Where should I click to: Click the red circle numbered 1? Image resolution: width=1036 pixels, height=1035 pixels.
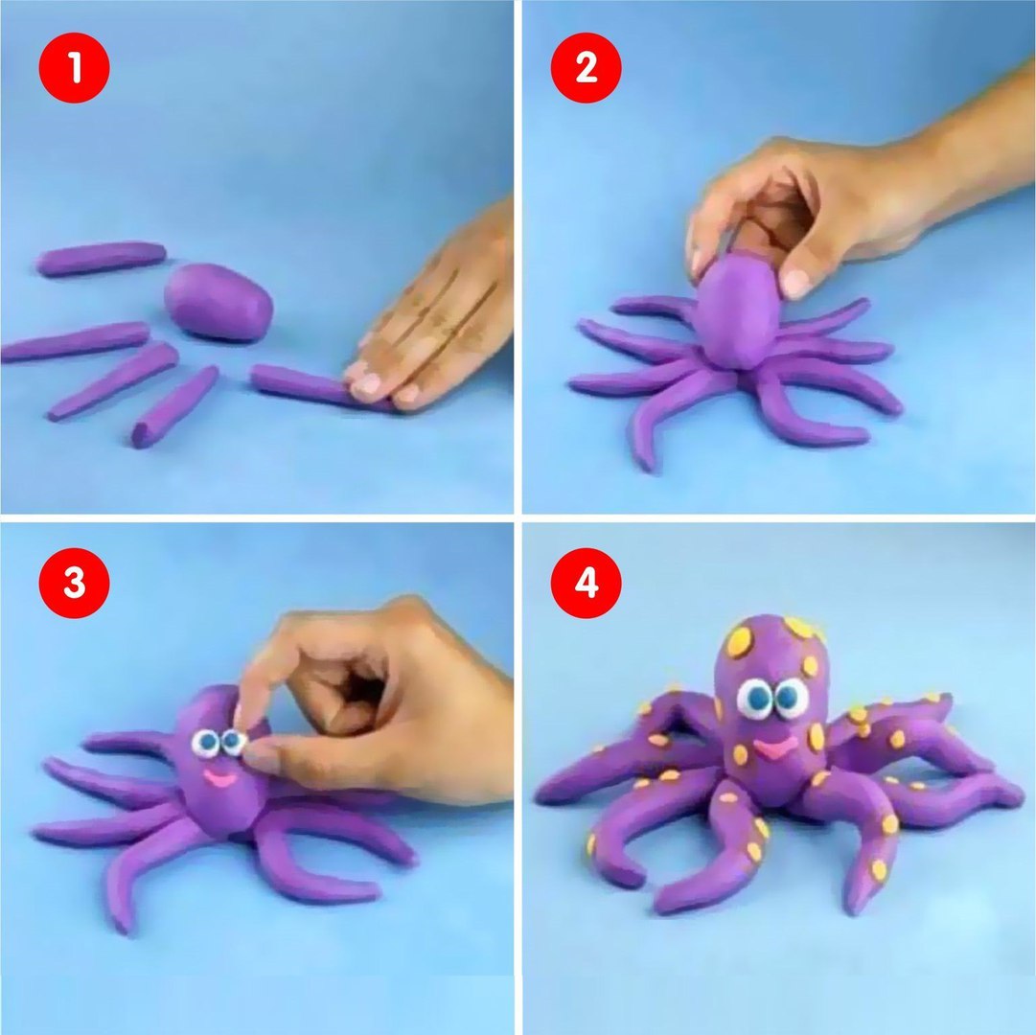pos(74,67)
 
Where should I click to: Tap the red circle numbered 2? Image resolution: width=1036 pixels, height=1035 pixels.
pos(587,67)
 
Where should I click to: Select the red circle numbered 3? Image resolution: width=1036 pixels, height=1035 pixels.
pos(74,583)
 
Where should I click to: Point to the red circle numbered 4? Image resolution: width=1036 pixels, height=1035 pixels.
pos(587,583)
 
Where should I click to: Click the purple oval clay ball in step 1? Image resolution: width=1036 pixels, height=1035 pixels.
pos(219,302)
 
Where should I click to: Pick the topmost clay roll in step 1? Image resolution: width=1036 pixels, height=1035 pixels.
pos(101,258)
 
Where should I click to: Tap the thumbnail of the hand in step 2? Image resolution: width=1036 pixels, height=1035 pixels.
pos(794,283)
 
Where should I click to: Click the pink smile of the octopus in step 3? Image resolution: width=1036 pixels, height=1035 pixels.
pos(220,778)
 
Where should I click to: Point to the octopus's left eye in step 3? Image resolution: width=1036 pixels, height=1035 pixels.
pos(206,743)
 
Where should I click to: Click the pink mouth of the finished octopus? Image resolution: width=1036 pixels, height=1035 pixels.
pos(775,748)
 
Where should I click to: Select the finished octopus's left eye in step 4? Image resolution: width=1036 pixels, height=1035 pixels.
pos(754,699)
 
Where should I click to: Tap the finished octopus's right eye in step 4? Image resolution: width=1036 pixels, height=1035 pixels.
pos(791,698)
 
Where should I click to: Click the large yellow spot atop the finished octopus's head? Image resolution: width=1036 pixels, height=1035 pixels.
pos(739,640)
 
